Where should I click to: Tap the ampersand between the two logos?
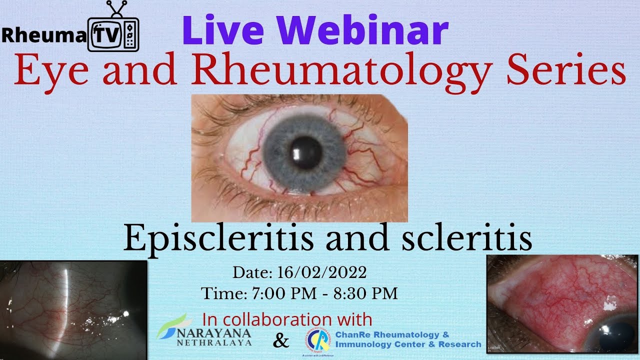pyautogui.click(x=281, y=341)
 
